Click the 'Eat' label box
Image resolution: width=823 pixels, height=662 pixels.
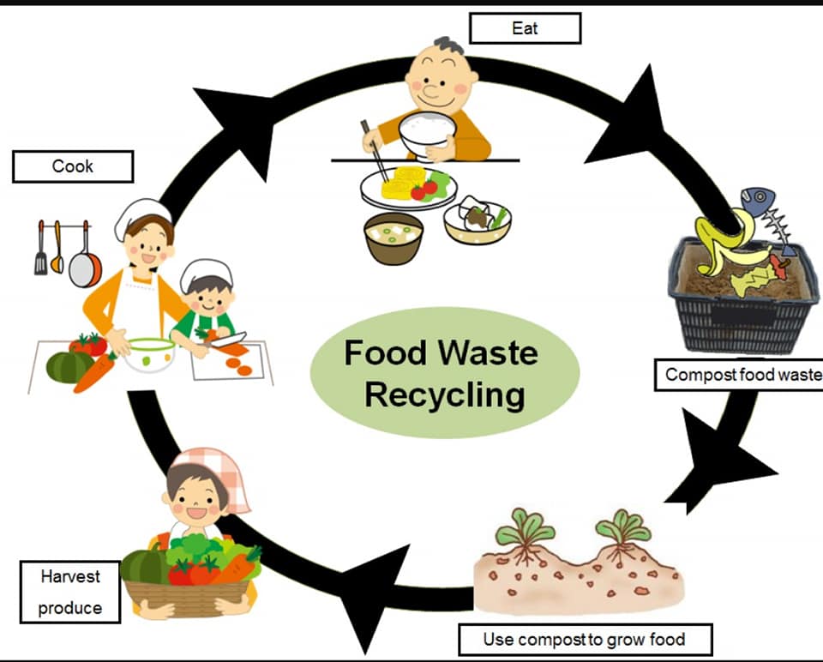tap(525, 28)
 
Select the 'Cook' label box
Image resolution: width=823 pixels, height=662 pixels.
tap(73, 166)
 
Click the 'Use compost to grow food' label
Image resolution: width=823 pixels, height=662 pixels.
tap(585, 639)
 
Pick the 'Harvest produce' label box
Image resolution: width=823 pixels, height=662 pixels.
tap(70, 592)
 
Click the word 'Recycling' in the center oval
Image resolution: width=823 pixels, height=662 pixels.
tap(444, 395)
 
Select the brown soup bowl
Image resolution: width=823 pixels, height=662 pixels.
tap(393, 238)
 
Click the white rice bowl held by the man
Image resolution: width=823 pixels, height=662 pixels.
tap(428, 133)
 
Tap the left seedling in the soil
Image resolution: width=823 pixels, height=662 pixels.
tap(525, 536)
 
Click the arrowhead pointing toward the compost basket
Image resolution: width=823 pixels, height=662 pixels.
tap(633, 120)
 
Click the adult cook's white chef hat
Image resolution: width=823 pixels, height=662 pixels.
tap(141, 215)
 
